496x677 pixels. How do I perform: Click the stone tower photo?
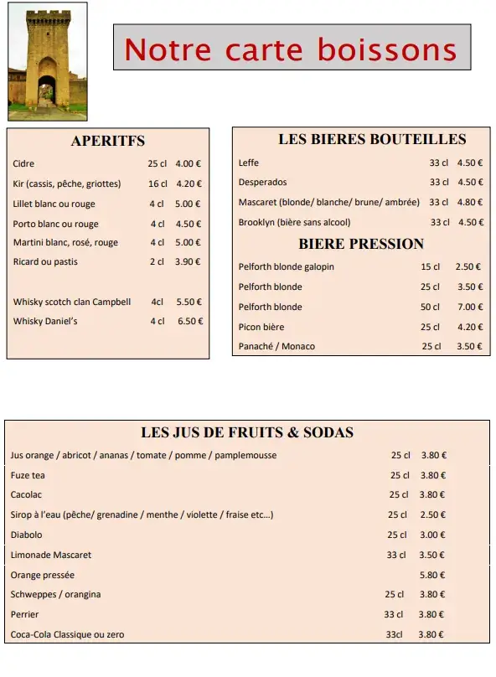(x=47, y=61)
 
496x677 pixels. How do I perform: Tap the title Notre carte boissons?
(x=291, y=49)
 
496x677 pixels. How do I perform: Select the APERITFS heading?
(x=107, y=141)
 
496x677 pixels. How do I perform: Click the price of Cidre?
(x=189, y=164)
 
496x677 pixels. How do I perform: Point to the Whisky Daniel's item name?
(x=45, y=321)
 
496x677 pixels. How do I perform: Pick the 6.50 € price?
(x=189, y=321)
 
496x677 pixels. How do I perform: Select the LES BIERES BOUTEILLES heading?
(x=372, y=139)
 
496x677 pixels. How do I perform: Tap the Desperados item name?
(x=262, y=182)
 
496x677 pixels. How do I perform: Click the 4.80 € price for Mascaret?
(x=470, y=202)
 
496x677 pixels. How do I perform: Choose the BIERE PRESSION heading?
(x=361, y=244)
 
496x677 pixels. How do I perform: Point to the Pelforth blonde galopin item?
(x=286, y=266)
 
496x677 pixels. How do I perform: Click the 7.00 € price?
(x=468, y=307)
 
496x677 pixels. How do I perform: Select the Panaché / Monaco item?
(x=276, y=346)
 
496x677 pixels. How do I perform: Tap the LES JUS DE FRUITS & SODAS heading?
(x=247, y=432)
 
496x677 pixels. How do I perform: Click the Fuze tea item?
(x=28, y=475)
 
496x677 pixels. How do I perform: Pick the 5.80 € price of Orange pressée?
(x=432, y=575)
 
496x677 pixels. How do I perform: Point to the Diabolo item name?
(x=26, y=535)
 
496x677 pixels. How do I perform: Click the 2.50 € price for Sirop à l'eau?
(x=432, y=514)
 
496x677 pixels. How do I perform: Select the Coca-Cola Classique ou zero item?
(x=67, y=634)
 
